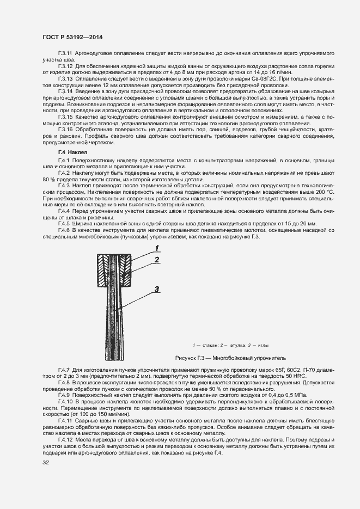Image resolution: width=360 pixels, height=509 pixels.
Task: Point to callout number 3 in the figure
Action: click(156, 289)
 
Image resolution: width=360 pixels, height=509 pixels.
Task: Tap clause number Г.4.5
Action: click(64, 224)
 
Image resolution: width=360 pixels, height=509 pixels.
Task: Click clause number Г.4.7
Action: click(64, 369)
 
